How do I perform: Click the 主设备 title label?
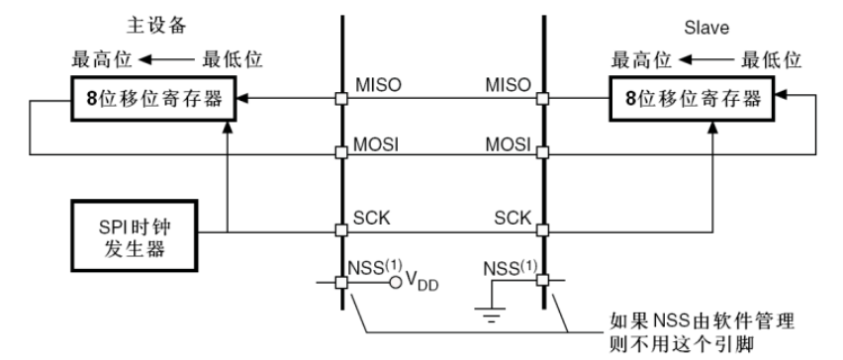coord(156,26)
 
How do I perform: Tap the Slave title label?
coord(706,28)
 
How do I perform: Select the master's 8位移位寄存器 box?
coord(153,99)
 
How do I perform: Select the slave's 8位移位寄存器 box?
coord(694,98)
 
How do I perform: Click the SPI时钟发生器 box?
coord(135,235)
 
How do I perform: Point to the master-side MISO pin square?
coord(341,99)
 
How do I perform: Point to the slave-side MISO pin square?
coord(543,99)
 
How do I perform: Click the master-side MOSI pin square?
coord(341,152)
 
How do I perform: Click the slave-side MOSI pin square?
coord(543,152)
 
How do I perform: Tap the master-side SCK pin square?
coord(341,230)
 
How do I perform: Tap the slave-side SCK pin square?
coord(543,230)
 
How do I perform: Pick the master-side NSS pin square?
coord(341,282)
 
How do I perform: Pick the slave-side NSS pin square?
coord(543,280)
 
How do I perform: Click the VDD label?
coord(422,281)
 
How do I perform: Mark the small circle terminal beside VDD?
coord(396,282)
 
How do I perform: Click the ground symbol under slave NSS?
coord(490,314)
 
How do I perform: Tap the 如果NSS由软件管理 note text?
coord(702,322)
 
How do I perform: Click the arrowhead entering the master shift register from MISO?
coord(242,99)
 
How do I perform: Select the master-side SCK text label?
coord(371,218)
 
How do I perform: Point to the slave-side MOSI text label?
coord(508,144)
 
